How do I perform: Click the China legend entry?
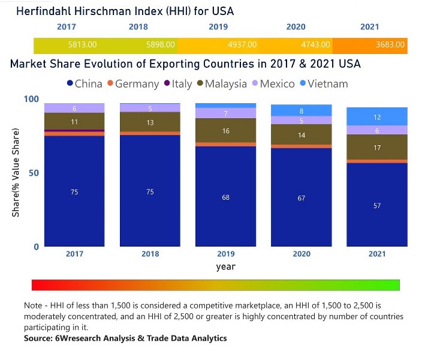click(85, 84)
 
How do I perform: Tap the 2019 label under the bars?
click(226, 254)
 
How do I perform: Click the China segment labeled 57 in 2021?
click(377, 205)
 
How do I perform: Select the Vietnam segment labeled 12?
click(377, 117)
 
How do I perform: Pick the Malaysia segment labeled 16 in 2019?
click(226, 130)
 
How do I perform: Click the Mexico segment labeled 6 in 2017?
click(74, 108)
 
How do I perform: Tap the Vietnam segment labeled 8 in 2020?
click(302, 110)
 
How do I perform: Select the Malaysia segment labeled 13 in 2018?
click(150, 122)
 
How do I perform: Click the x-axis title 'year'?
click(226, 266)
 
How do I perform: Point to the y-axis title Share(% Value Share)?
click(16, 173)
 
